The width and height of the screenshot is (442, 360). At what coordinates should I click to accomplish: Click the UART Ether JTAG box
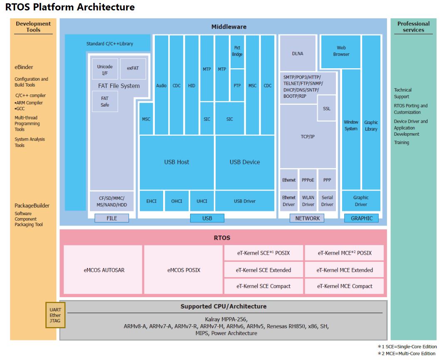coord(55,315)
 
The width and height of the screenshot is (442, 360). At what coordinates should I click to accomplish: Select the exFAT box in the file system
coord(133,68)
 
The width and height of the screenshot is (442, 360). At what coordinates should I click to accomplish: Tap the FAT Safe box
coord(105,102)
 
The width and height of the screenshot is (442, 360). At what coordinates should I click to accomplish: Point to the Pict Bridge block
coord(237,51)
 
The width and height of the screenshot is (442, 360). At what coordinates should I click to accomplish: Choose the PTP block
coord(237,85)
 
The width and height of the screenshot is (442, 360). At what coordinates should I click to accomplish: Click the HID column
coord(191,85)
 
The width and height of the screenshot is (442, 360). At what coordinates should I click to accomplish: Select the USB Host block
coord(176,162)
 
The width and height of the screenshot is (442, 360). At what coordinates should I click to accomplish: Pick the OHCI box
coord(176,201)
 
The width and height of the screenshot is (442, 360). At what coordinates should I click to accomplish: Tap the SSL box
coord(326,108)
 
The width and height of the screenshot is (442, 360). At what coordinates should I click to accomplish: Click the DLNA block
coord(298,54)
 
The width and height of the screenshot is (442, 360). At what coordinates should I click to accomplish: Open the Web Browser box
coord(341,51)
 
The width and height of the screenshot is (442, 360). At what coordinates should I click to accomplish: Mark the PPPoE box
coord(308,180)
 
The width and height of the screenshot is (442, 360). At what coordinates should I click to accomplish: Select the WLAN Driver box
coord(308,201)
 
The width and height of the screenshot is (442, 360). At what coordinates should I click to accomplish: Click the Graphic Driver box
coord(361,201)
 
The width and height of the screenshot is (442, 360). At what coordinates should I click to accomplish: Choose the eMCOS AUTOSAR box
coord(104,270)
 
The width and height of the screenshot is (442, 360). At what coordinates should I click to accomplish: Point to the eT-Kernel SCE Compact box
coord(263,286)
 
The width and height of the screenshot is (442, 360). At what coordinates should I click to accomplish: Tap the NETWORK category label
coord(307,218)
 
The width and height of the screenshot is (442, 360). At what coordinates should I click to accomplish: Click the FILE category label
coord(112,218)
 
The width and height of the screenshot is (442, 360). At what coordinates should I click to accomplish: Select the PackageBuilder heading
coord(32,206)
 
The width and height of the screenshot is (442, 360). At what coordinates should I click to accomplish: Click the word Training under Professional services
coord(402,142)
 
